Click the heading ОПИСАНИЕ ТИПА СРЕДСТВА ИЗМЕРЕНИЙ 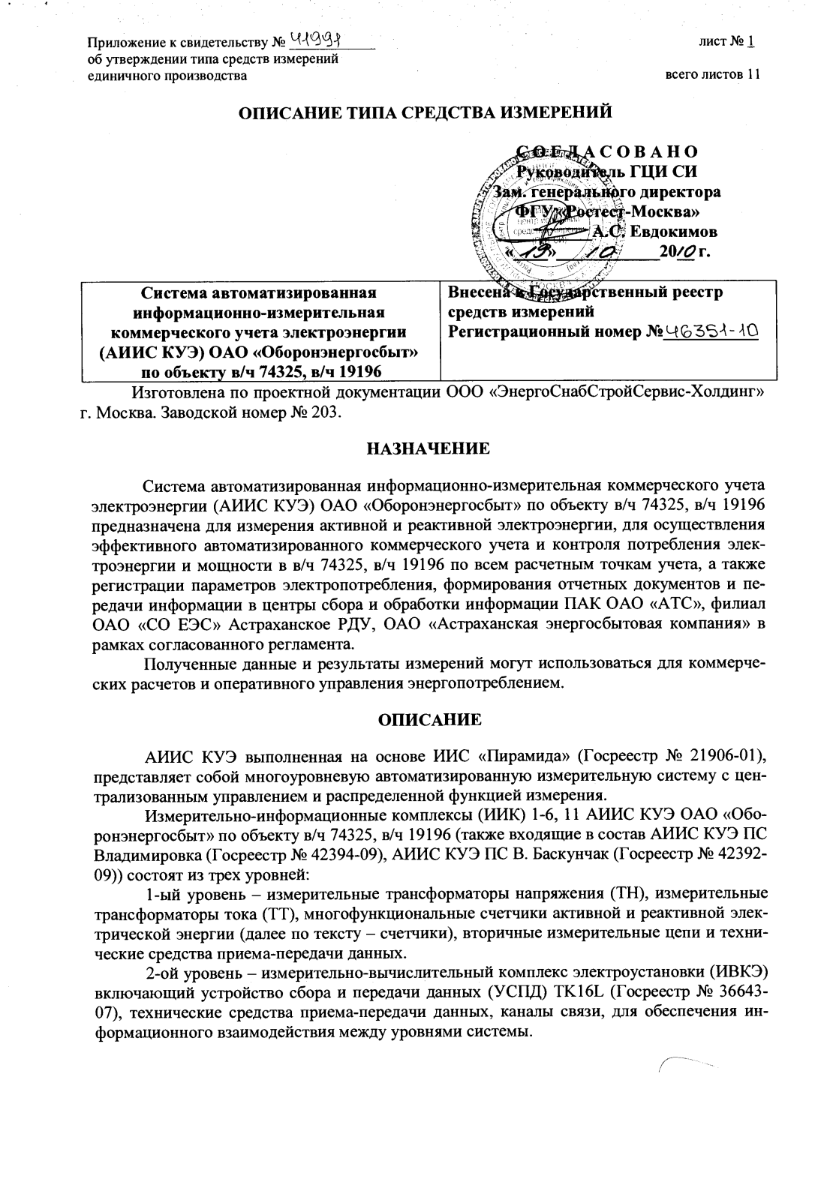click(425, 112)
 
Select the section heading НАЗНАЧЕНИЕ click(428, 448)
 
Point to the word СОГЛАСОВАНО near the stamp click(607, 152)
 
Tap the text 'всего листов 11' click(712, 75)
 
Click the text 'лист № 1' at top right click(726, 41)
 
